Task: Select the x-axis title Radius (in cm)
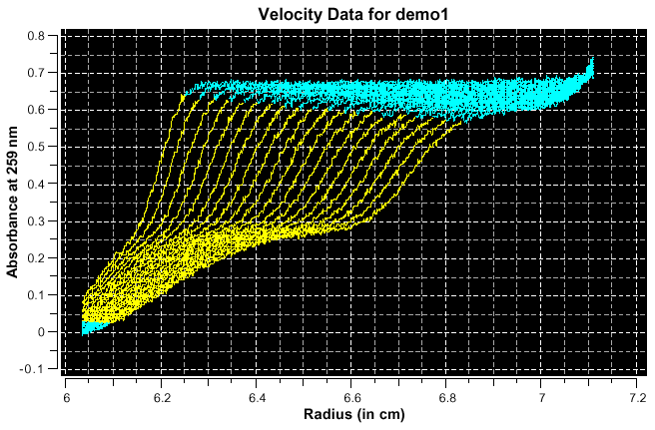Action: point(352,412)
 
